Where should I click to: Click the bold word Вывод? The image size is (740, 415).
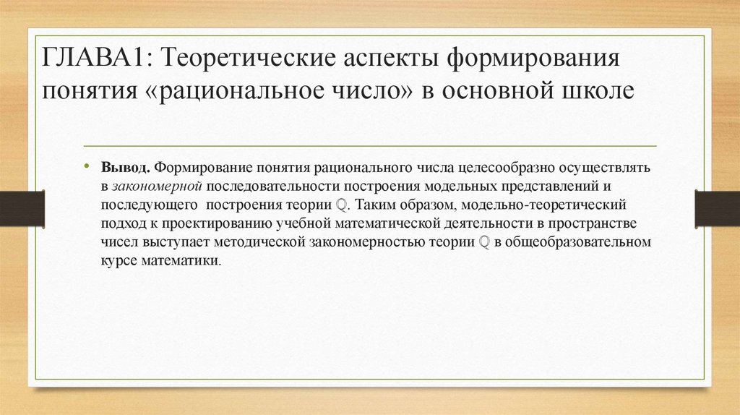(x=126, y=167)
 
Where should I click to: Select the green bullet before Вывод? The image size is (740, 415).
(x=86, y=166)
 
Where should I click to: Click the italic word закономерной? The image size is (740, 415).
(x=158, y=186)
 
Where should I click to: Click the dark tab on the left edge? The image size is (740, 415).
(x=22, y=208)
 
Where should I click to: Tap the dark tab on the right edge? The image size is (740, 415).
(x=718, y=208)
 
